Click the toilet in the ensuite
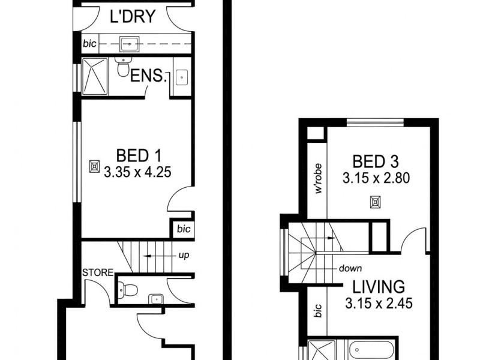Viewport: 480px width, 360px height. tap(124, 69)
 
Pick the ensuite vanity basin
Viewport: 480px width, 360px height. tap(181, 77)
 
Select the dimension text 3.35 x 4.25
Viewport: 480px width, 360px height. tap(137, 172)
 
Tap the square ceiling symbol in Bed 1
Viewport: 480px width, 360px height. tap(94, 166)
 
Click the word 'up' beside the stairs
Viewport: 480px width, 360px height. tap(184, 256)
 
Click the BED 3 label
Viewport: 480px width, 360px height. tap(376, 161)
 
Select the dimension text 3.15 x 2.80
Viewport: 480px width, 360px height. tap(376, 178)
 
